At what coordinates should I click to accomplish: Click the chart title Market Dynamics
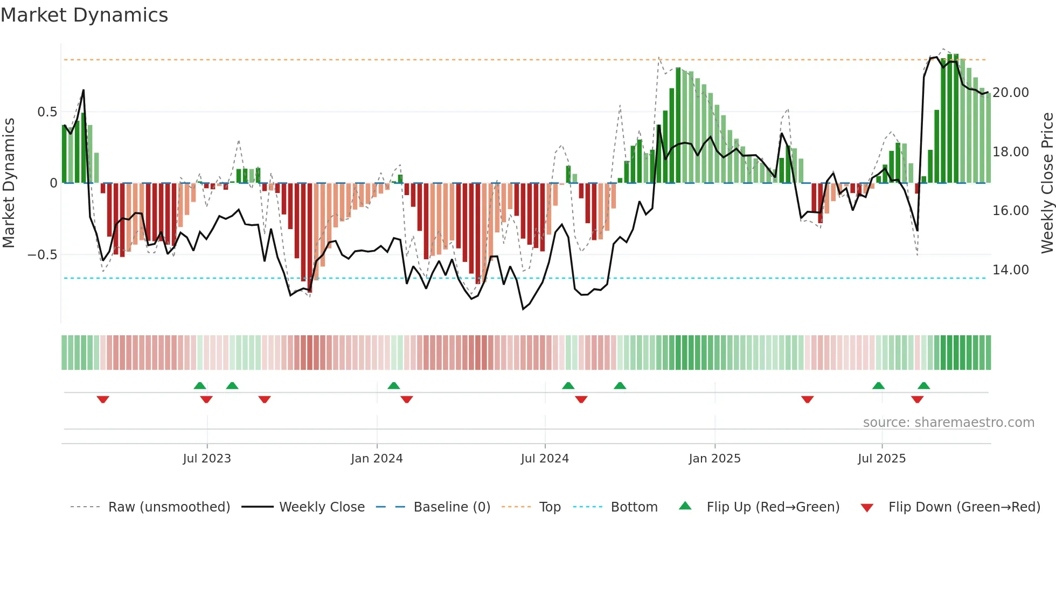pyautogui.click(x=84, y=15)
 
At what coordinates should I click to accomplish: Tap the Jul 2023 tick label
pyautogui.click(x=207, y=459)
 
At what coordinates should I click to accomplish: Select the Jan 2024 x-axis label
pyautogui.click(x=377, y=459)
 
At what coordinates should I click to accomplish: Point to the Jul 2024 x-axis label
pyautogui.click(x=545, y=459)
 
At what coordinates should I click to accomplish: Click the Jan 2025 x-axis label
pyautogui.click(x=714, y=459)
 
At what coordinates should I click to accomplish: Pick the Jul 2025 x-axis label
pyautogui.click(x=882, y=459)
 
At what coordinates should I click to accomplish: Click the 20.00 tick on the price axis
pyautogui.click(x=1011, y=93)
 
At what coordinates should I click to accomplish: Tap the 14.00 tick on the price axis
pyautogui.click(x=1011, y=270)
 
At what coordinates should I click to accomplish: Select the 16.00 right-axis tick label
pyautogui.click(x=1011, y=211)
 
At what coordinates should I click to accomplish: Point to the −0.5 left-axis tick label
pyautogui.click(x=42, y=255)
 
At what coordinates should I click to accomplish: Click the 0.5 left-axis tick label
pyautogui.click(x=47, y=112)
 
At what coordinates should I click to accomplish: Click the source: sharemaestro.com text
pyautogui.click(x=948, y=423)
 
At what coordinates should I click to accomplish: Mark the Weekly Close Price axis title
pyautogui.click(x=1047, y=183)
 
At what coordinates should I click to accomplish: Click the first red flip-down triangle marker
pyautogui.click(x=103, y=399)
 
